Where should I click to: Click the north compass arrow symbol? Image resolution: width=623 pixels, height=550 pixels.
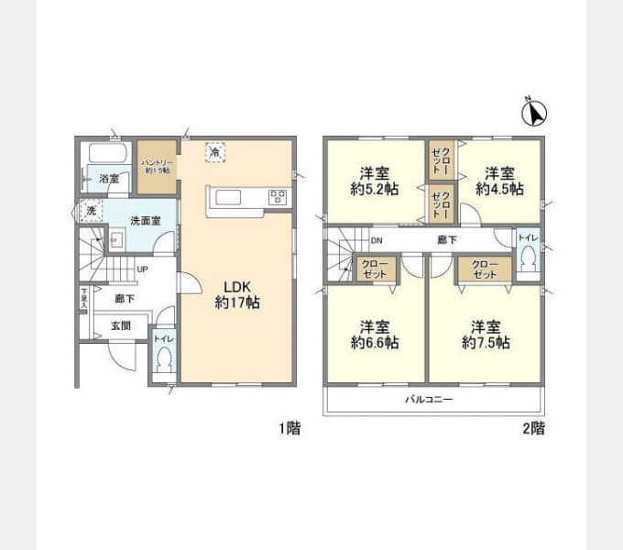tap(533, 113)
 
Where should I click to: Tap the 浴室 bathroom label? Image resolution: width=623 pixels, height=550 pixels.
tap(108, 179)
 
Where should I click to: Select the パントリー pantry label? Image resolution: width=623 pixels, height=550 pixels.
tap(157, 166)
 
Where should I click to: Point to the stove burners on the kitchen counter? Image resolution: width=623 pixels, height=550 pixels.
tap(278, 196)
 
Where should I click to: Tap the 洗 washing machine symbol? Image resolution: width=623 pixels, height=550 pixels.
tap(91, 211)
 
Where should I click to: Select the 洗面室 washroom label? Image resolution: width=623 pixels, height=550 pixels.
tap(144, 220)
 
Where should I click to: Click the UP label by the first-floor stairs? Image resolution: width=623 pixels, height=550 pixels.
tap(142, 269)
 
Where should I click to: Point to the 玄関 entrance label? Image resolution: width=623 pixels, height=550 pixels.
tap(121, 325)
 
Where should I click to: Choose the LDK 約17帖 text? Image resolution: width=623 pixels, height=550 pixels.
tap(236, 293)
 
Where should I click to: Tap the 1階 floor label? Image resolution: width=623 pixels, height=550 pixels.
tap(289, 428)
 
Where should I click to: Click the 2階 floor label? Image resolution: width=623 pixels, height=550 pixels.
tap(532, 428)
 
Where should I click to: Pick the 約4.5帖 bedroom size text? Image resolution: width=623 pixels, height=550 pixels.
tap(499, 189)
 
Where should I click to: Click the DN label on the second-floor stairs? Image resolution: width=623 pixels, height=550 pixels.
tap(376, 242)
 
